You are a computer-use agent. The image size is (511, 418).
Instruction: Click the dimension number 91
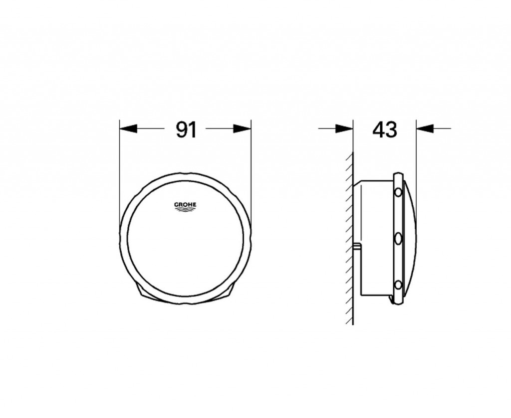click(x=186, y=130)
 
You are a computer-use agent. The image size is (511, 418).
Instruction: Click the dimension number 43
click(x=385, y=130)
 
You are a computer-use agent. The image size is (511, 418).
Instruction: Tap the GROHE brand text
click(x=185, y=205)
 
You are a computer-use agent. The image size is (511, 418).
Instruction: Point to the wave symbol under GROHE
click(x=185, y=210)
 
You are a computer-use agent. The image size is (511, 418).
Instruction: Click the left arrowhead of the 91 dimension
click(x=128, y=129)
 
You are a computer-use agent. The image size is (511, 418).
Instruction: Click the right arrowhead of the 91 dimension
click(x=243, y=129)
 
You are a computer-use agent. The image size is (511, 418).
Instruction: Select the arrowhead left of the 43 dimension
click(x=344, y=129)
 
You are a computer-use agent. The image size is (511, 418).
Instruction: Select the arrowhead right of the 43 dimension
click(x=425, y=129)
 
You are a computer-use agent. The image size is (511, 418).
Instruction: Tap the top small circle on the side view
click(x=398, y=193)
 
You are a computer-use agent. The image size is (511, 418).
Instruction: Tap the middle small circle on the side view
click(x=398, y=239)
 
